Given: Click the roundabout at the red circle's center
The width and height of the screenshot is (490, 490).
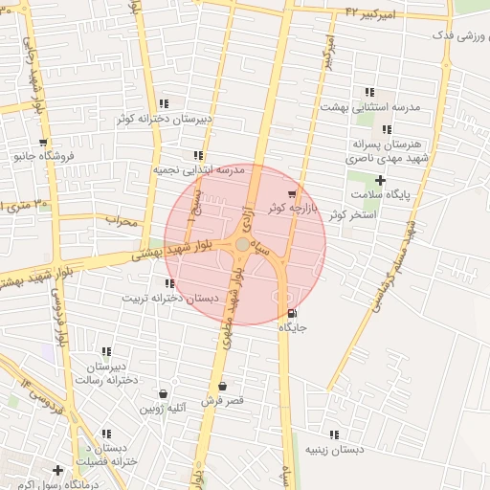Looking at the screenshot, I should [x=243, y=245].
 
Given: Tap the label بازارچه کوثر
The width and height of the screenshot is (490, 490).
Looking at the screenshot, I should [x=290, y=208].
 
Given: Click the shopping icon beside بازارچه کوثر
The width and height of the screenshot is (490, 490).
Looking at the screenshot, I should [x=291, y=194].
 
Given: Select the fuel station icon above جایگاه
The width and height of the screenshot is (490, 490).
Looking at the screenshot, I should [x=292, y=313].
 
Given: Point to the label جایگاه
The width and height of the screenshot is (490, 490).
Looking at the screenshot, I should [x=292, y=327].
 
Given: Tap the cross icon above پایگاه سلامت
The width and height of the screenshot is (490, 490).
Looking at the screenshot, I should [x=380, y=180].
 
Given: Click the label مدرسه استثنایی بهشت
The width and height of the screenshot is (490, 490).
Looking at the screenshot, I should [x=370, y=107].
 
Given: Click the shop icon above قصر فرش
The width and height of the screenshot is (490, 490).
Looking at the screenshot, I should [x=222, y=387].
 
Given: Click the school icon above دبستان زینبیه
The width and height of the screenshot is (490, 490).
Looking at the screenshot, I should [x=334, y=434].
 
